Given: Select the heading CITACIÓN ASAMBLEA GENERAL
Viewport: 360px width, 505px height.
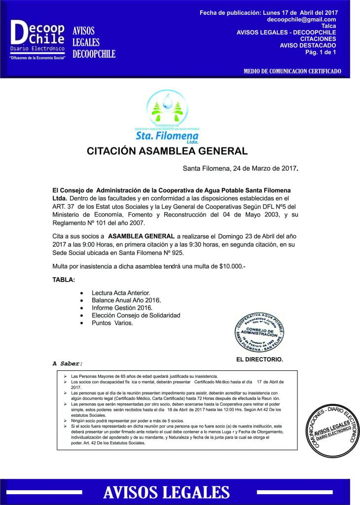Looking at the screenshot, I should [167, 150].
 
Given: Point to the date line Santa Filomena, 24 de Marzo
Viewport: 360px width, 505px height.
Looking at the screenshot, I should [240, 168].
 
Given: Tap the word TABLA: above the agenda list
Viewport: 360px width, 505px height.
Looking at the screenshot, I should [64, 280].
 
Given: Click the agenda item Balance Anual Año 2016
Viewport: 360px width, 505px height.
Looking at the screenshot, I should [126, 300].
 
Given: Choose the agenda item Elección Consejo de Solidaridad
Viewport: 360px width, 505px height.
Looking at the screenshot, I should [136, 315].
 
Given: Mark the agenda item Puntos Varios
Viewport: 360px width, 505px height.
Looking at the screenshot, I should [112, 323].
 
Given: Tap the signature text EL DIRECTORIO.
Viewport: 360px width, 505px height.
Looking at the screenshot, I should [259, 360].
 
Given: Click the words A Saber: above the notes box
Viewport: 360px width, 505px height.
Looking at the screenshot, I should [68, 363].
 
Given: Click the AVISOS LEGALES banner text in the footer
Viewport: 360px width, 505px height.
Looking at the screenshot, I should [167, 492].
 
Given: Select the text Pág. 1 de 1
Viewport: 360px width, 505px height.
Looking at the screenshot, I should [321, 52].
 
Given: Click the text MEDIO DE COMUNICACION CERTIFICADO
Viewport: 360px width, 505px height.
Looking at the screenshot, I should [292, 72].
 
